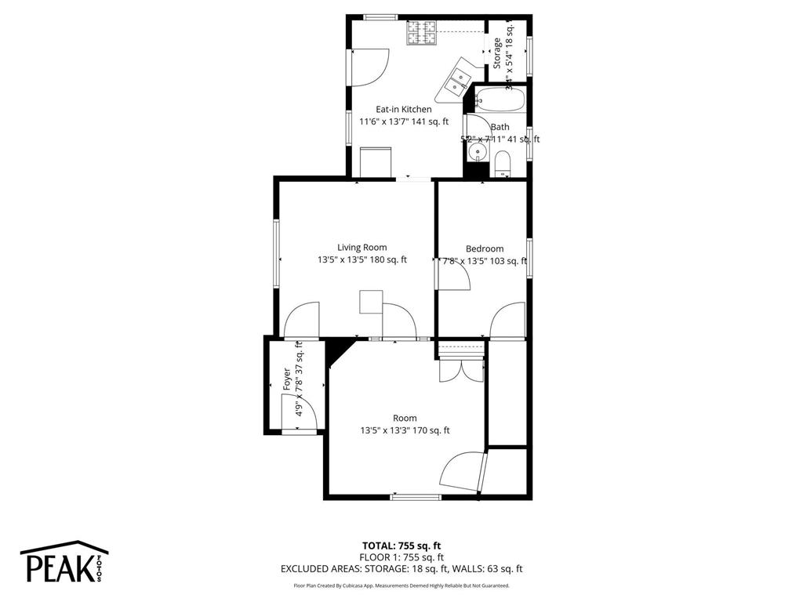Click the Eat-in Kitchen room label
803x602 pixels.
(x=403, y=109)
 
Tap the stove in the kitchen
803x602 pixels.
(x=421, y=33)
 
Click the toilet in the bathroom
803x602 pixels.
(x=503, y=164)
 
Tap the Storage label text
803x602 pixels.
(x=497, y=53)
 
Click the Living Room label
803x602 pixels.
(x=362, y=247)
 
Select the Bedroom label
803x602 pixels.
(x=484, y=248)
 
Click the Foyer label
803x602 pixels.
(x=287, y=380)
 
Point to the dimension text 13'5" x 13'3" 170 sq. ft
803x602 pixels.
(x=405, y=430)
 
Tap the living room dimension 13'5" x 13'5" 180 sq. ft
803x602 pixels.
(x=362, y=260)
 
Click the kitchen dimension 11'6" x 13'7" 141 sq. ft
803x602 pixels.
(x=403, y=121)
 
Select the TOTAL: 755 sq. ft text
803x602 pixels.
(x=401, y=546)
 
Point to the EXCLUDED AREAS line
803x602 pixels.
(x=401, y=569)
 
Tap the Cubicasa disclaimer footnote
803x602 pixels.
(x=401, y=586)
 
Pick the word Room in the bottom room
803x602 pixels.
(x=405, y=418)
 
